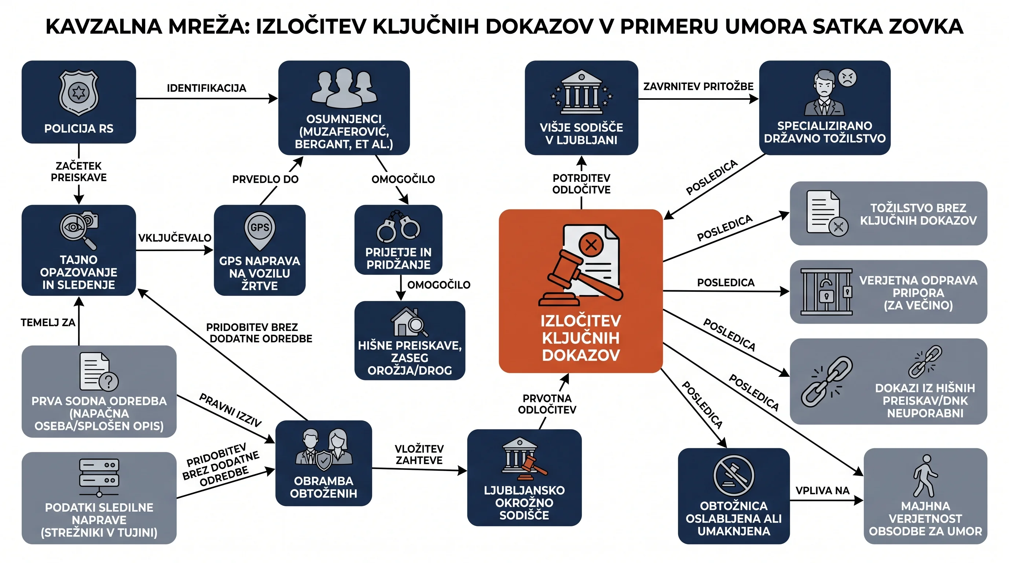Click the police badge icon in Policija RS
click(78, 93)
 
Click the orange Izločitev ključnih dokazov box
click(580, 291)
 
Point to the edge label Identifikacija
click(206, 88)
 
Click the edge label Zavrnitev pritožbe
click(698, 87)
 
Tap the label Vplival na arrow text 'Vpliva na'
click(822, 490)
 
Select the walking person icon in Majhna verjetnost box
click(925, 476)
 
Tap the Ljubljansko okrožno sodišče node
click(524, 478)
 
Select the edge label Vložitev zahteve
click(419, 455)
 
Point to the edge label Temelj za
click(48, 323)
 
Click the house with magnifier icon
click(409, 322)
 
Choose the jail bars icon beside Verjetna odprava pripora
click(826, 292)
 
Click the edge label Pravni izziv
click(230, 410)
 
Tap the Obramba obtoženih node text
click(323, 487)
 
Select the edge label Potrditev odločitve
click(581, 184)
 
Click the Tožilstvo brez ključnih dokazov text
click(918, 214)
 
